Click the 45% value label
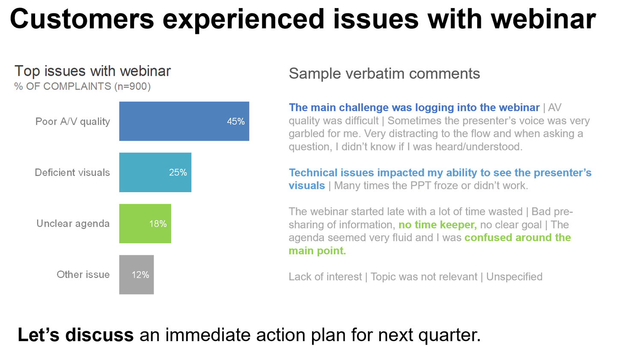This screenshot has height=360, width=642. pyautogui.click(x=236, y=122)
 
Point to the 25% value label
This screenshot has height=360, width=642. pyautogui.click(x=178, y=173)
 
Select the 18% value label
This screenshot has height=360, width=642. pyautogui.click(x=158, y=224)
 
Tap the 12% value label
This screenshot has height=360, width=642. pyautogui.click(x=140, y=275)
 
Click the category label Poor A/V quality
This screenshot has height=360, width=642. pyautogui.click(x=73, y=122)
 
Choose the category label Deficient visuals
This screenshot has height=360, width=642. pyautogui.click(x=72, y=173)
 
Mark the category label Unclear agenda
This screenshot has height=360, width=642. pyautogui.click(x=73, y=223)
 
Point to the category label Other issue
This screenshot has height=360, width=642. pyautogui.click(x=83, y=274)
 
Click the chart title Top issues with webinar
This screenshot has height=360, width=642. pyautogui.click(x=92, y=71)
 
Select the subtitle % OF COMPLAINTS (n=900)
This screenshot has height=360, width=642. pyautogui.click(x=82, y=86)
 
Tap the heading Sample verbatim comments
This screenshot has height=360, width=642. pyautogui.click(x=384, y=74)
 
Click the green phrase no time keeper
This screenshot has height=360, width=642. pyautogui.click(x=437, y=225)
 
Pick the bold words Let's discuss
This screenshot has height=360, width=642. pyautogui.click(x=75, y=335)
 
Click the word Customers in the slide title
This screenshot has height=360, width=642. pyautogui.click(x=82, y=19)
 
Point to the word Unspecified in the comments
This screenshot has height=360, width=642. pyautogui.click(x=514, y=277)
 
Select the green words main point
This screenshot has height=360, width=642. pyautogui.click(x=317, y=251)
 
